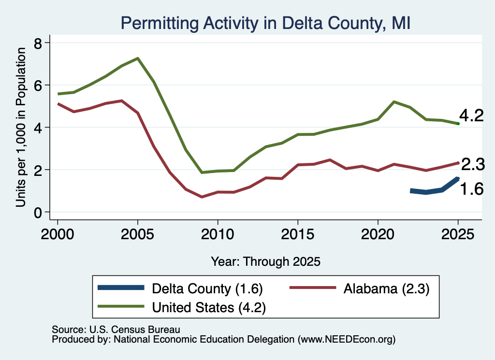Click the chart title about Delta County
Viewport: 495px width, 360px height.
pos(265,23)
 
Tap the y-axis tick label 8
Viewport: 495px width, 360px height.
pos(38,43)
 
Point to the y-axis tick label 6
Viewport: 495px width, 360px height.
pos(38,85)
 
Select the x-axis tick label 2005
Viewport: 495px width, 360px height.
pos(137,234)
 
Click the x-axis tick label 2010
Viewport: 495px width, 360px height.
pos(218,234)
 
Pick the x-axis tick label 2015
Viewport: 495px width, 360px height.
pos(298,234)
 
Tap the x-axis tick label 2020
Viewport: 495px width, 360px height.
pos(378,234)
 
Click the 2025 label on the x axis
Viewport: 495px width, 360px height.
pos(458,234)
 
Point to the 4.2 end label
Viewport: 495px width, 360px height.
pos(471,115)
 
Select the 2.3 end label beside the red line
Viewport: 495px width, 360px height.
pos(473,164)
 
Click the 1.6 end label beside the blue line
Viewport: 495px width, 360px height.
pos(472,189)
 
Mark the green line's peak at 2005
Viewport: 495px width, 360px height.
pos(138,58)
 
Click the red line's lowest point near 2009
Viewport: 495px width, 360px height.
pos(202,197)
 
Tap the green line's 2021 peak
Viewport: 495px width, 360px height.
pos(394,101)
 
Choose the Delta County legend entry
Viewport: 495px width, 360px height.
pos(180,288)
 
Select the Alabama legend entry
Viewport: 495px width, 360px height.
pos(360,288)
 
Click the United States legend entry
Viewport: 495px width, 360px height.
pos(182,307)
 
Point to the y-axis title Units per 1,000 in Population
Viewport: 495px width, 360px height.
pos(21,127)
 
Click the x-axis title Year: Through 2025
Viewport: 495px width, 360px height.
pos(265,261)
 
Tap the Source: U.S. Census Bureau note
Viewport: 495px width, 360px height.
pos(116,330)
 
